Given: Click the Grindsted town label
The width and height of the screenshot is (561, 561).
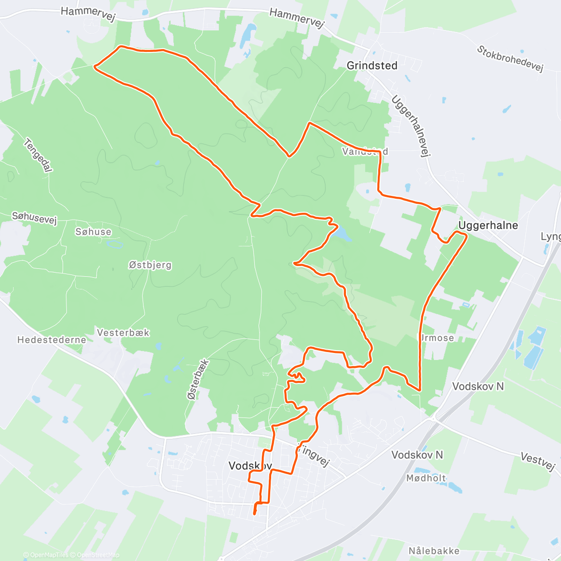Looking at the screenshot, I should [372, 66].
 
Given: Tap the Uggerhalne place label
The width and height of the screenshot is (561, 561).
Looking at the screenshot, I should [488, 225].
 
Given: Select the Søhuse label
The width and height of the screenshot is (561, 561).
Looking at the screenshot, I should [93, 232].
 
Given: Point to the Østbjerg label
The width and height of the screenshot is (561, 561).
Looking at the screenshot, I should [150, 265].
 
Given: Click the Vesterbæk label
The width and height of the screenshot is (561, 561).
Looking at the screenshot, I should [123, 333].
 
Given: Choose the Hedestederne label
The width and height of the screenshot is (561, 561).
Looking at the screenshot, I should [51, 340].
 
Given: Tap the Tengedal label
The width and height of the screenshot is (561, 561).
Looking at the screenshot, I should [38, 155].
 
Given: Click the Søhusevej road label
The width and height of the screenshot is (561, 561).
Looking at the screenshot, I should [34, 218].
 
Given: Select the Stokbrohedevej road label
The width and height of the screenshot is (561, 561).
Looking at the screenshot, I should [510, 58].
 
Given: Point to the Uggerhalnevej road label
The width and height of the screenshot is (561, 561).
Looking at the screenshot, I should [411, 126].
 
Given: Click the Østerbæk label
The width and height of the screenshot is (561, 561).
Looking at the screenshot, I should [198, 379].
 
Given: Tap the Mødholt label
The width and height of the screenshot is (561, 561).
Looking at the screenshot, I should [426, 478].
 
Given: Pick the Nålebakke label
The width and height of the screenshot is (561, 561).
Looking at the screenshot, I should [434, 551].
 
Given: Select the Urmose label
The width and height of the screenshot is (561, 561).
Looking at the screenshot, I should [436, 338].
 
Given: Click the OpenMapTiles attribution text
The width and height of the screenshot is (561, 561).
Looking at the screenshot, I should [46, 555].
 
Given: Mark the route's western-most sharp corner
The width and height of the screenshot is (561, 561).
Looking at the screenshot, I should [95, 67].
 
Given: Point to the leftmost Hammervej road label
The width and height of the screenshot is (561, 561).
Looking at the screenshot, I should [88, 14].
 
